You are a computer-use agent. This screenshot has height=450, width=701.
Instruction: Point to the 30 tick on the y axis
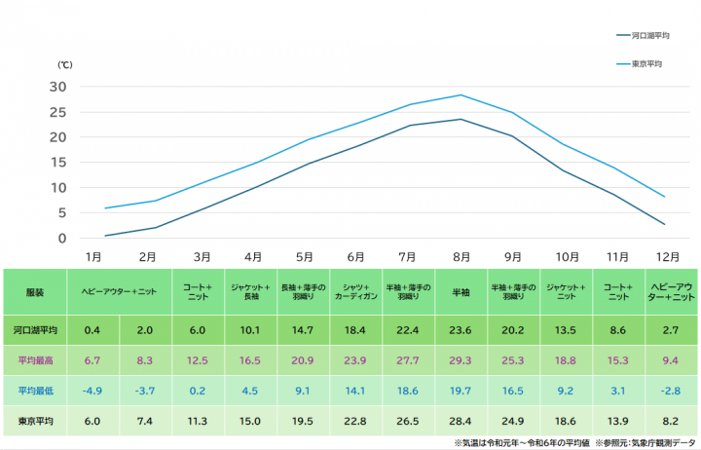[x=57, y=87]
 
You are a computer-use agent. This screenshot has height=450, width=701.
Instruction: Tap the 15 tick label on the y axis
[x=58, y=163]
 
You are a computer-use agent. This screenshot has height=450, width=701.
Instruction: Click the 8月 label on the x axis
[x=461, y=257]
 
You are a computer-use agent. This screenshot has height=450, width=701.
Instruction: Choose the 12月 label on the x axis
[x=668, y=257]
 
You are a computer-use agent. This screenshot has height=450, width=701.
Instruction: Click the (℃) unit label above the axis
[x=65, y=65]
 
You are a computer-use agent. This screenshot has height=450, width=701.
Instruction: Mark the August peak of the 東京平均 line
[x=461, y=94]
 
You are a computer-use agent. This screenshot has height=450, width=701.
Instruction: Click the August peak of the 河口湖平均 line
[x=461, y=119]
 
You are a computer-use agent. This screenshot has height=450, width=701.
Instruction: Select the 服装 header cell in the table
[x=35, y=292]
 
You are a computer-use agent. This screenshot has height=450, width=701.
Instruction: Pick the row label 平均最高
[x=35, y=360]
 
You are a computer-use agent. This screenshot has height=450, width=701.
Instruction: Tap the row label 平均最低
[x=35, y=391]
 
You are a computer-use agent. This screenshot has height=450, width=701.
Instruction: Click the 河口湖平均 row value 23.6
[x=460, y=330]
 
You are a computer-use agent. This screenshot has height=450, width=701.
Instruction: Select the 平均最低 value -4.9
[x=92, y=391]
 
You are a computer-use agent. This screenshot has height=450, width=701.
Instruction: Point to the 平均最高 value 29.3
[x=460, y=360]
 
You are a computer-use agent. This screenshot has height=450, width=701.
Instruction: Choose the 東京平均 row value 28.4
[x=460, y=421]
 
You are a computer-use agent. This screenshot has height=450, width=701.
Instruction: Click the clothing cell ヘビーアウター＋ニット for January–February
[x=119, y=292]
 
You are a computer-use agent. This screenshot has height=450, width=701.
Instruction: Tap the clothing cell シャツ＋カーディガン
[x=356, y=291]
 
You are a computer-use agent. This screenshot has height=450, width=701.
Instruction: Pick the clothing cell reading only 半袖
[x=461, y=292]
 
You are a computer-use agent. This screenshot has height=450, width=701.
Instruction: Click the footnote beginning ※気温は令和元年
[x=522, y=443]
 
